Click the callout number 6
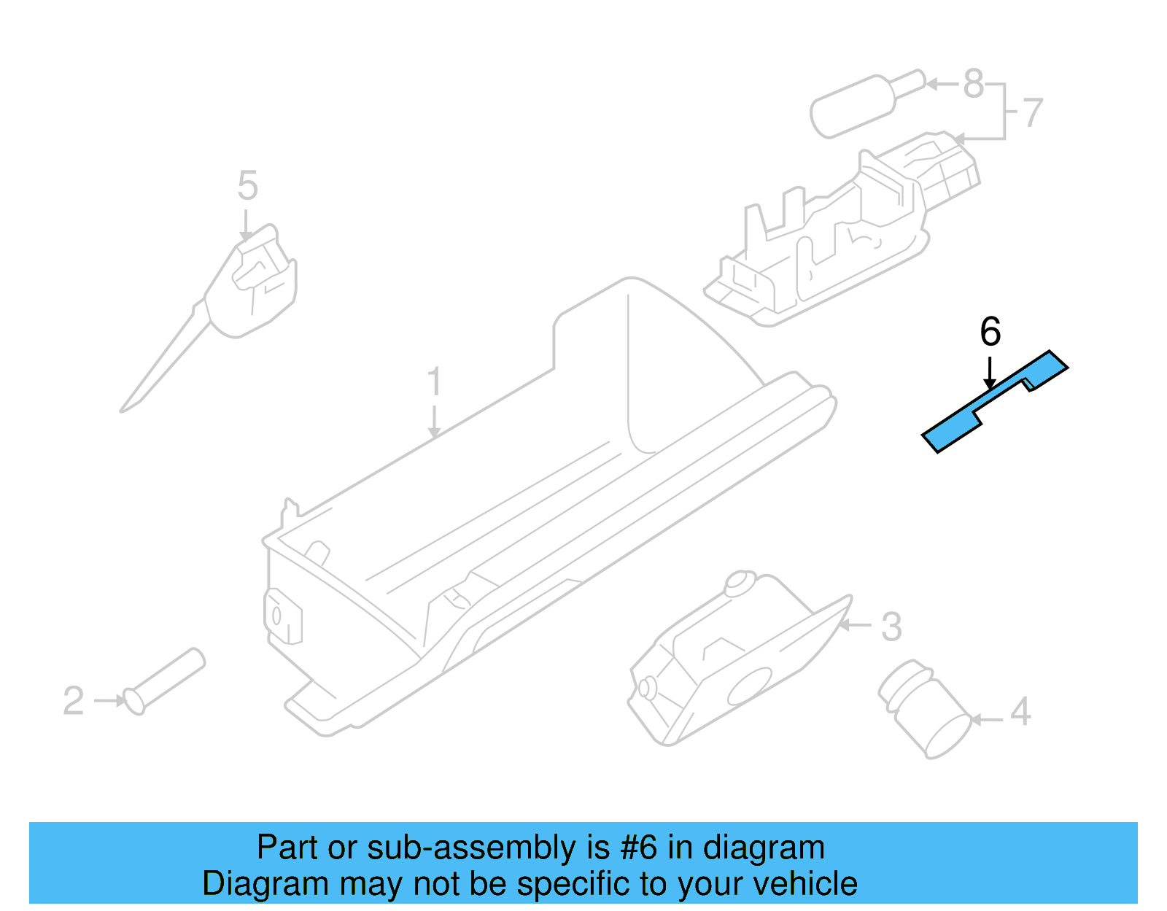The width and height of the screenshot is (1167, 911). point(990,333)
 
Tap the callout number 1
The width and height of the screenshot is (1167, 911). point(434,381)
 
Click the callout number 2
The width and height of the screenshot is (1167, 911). point(73,701)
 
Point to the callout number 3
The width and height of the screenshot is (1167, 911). point(891,627)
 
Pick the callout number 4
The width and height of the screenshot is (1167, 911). point(1020,712)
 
